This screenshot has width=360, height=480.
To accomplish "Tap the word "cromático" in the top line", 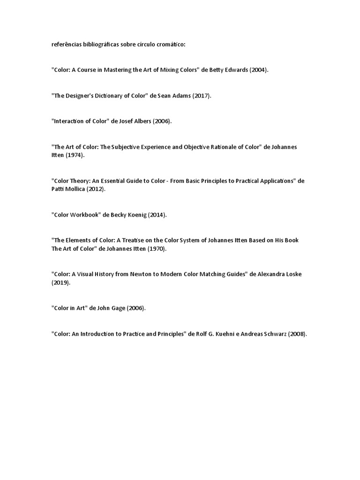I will (x=172, y=45).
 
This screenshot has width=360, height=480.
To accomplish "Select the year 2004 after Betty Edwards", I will (x=258, y=70).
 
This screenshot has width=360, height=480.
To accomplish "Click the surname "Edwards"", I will (x=233, y=70).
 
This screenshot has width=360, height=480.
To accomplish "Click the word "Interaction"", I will (x=71, y=121).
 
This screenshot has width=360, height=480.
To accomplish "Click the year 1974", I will (x=75, y=155).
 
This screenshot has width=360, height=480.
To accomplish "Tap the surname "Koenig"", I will (x=136, y=215).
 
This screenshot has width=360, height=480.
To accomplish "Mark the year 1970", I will (x=157, y=248).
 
